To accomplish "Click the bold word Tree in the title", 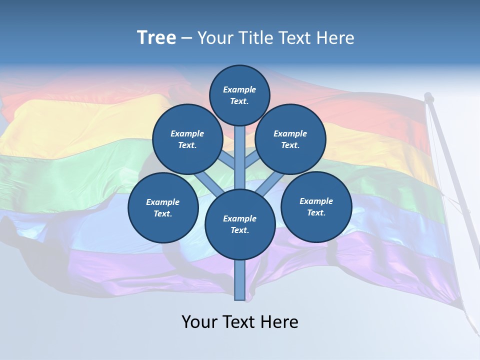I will click(x=156, y=38).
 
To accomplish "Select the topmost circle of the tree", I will click(x=239, y=95).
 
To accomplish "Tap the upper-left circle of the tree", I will click(x=187, y=139).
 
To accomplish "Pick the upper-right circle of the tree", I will click(x=290, y=139).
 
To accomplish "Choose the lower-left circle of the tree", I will click(x=163, y=207).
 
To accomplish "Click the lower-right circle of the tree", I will click(x=316, y=206).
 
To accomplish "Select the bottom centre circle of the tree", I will click(x=240, y=224).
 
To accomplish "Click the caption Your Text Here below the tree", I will click(x=240, y=322).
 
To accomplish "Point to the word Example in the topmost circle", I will click(x=239, y=89).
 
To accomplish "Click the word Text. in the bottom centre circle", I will click(x=239, y=230).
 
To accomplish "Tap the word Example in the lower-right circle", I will click(x=316, y=201).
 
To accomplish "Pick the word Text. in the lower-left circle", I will click(x=162, y=214).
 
